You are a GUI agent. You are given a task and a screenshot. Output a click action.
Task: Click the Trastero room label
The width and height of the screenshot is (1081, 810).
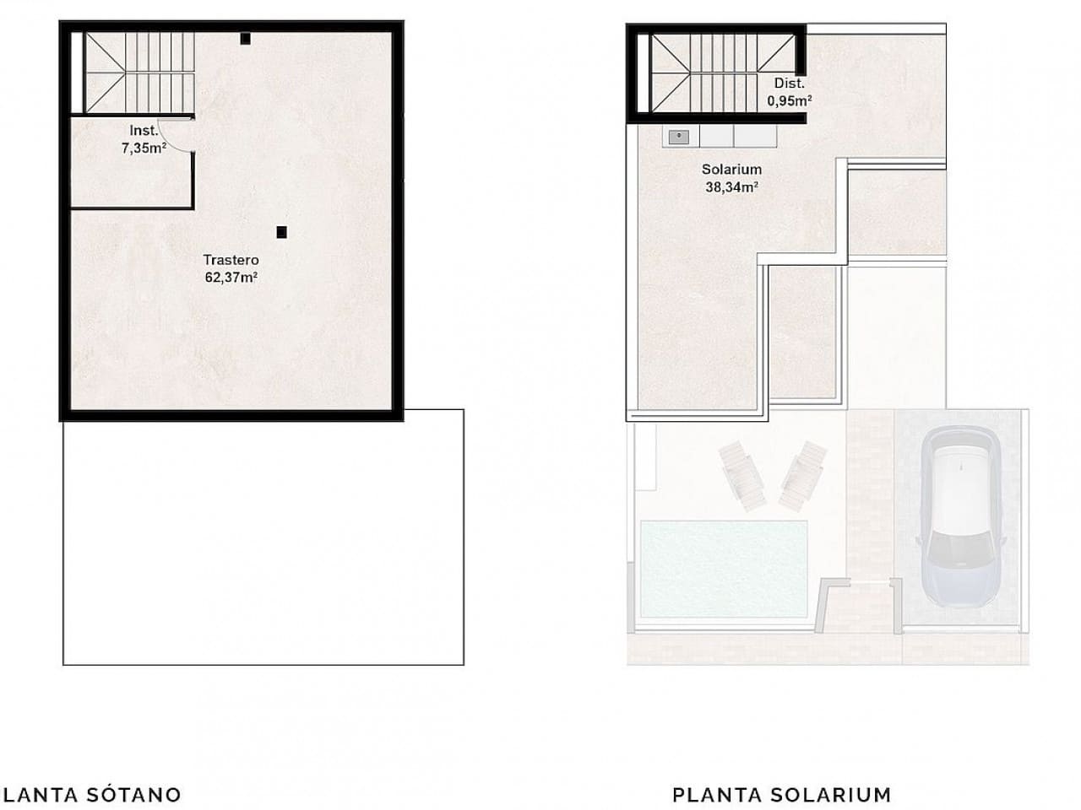click(x=231, y=260)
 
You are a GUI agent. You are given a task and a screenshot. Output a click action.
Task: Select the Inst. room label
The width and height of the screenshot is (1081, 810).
click(x=142, y=131)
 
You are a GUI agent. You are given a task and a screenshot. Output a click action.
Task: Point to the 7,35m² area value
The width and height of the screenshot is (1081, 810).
click(x=142, y=147)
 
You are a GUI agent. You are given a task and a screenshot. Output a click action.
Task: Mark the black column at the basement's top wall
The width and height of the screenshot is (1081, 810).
click(x=245, y=38)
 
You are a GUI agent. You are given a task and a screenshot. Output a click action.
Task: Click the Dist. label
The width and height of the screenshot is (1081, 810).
click(x=789, y=84)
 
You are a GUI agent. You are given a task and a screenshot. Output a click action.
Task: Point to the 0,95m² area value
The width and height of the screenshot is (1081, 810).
click(x=789, y=100)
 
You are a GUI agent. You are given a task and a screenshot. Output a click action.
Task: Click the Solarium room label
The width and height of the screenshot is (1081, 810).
click(x=731, y=170)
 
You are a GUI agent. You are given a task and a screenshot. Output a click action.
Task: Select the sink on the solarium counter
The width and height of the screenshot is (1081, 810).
click(x=677, y=136)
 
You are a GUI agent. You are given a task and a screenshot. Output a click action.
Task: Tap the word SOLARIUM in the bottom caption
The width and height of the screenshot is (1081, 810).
click(x=831, y=794)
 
